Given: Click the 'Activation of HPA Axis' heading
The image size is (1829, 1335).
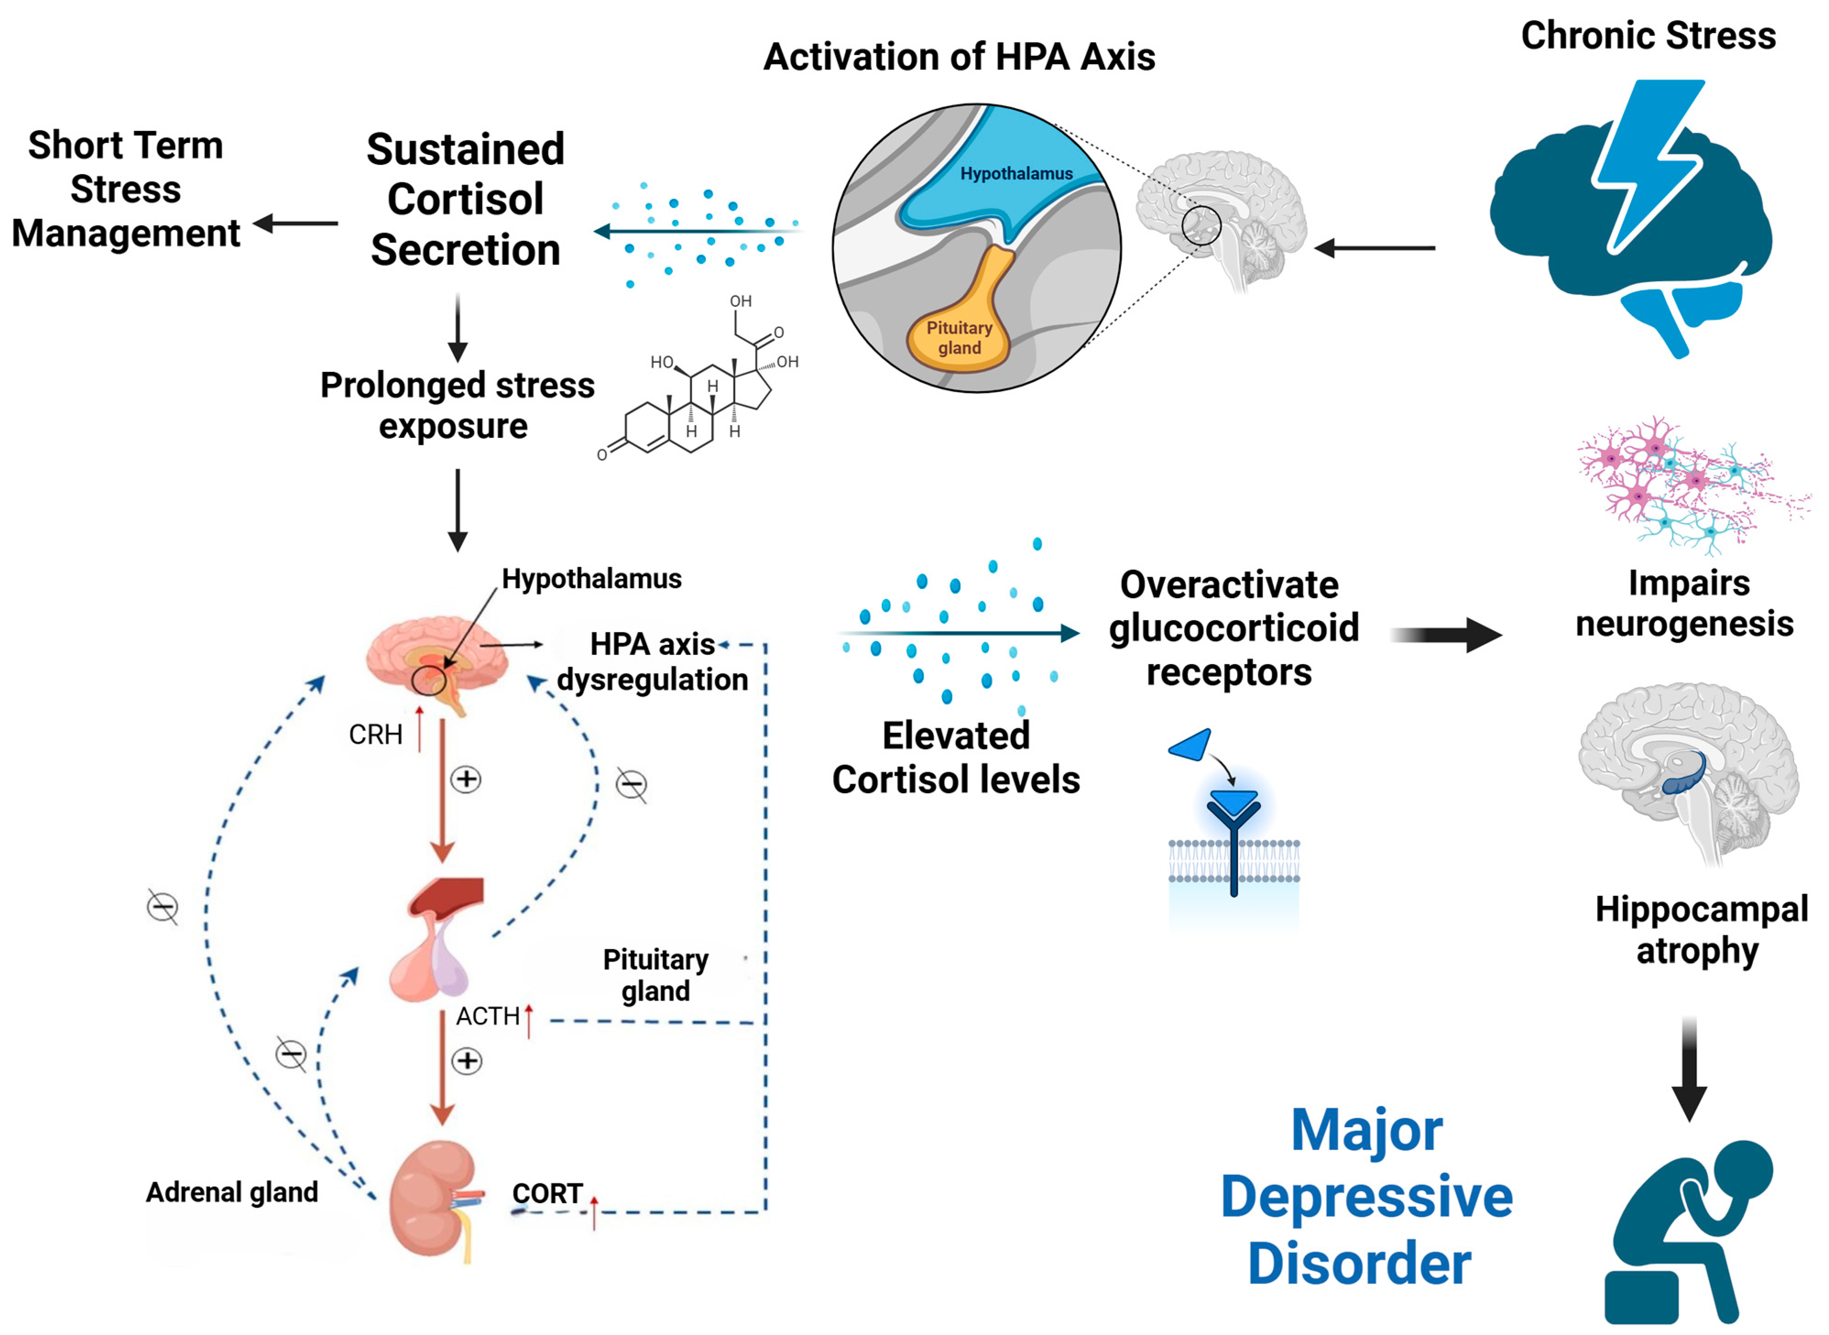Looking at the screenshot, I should click(x=959, y=57).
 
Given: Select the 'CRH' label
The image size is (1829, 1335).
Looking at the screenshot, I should click(x=375, y=735).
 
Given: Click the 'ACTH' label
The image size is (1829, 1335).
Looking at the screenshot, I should click(x=487, y=1016).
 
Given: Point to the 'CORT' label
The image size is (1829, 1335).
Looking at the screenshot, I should click(x=547, y=1193).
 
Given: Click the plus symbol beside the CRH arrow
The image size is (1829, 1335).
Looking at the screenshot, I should click(x=465, y=779).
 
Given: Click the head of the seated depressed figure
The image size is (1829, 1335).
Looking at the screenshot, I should click(x=1741, y=1172).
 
